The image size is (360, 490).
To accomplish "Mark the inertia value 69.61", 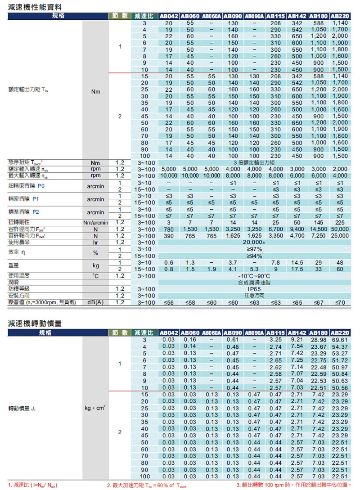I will (x=340, y=340).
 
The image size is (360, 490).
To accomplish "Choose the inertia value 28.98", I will (x=319, y=340).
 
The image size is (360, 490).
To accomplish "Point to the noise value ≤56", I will (x=168, y=303).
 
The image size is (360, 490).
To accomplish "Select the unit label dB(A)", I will (x=95, y=302).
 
